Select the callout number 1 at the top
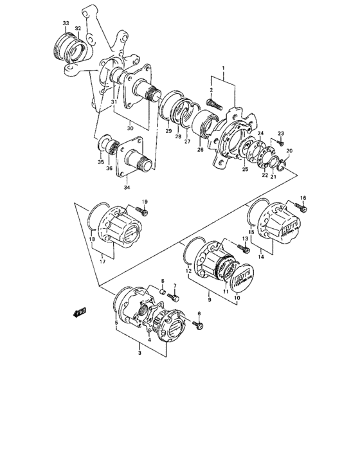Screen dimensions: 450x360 223,67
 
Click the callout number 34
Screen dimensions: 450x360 126,188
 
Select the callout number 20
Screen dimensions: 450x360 289,151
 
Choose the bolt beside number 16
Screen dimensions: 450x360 303,208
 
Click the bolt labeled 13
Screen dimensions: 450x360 244,248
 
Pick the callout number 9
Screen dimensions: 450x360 208,299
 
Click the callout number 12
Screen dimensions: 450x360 188,272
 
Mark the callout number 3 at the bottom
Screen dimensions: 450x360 140,353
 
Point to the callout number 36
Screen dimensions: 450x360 109,169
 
